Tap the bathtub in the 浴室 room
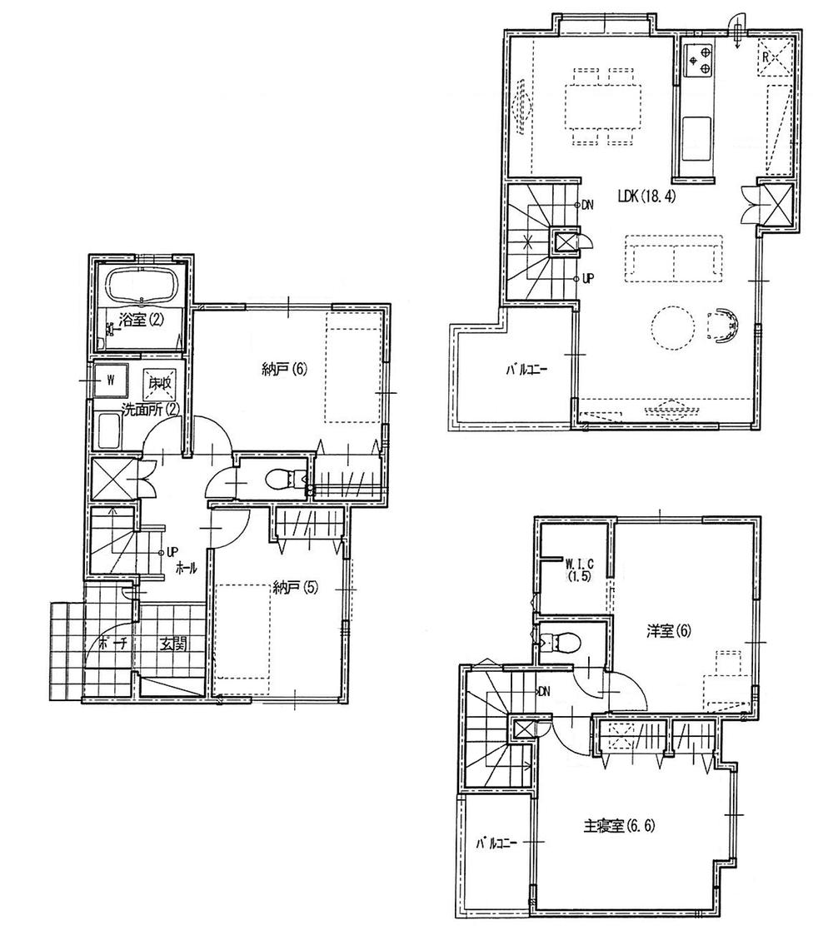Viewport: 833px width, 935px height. (x=139, y=286)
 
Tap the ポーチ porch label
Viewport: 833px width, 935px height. (x=105, y=644)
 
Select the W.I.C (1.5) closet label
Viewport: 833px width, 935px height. (x=578, y=566)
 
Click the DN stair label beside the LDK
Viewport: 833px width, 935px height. (x=588, y=205)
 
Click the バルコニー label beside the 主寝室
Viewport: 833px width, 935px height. (x=496, y=843)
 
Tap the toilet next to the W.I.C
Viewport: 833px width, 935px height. (x=555, y=643)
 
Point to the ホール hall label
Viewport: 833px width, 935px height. (x=186, y=568)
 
